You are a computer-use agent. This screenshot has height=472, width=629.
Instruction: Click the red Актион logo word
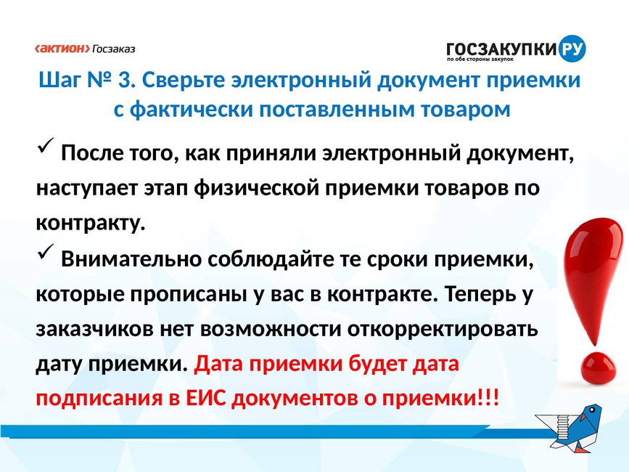click(x=62, y=49)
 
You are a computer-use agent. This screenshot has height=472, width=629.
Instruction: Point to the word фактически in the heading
click(x=192, y=110)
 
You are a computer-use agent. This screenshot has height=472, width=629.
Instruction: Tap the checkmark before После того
click(x=46, y=145)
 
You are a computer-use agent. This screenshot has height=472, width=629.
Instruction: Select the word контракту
click(x=90, y=223)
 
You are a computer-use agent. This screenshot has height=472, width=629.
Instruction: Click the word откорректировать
click(x=442, y=330)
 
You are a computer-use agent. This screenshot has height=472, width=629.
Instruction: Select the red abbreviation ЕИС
click(x=205, y=399)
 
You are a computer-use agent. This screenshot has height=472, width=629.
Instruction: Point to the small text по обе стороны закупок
click(x=480, y=60)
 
